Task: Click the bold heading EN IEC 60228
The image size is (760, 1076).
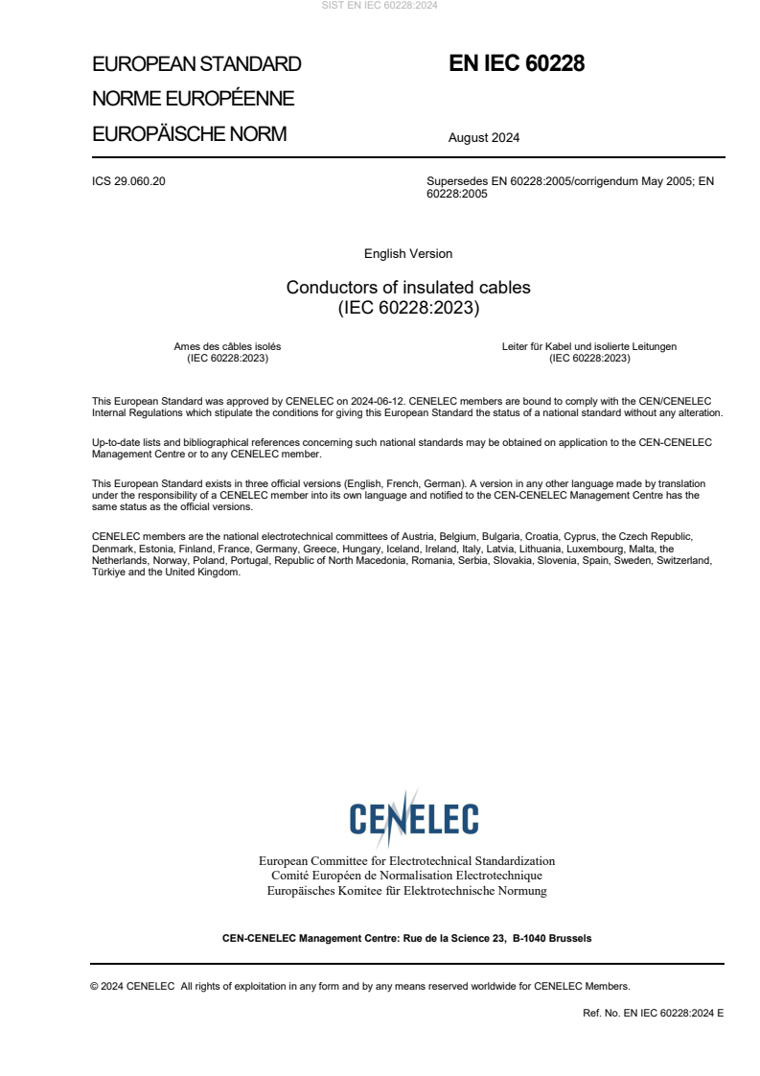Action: tap(517, 64)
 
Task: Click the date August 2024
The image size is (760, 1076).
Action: tap(484, 137)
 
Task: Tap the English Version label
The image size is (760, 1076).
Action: tap(408, 254)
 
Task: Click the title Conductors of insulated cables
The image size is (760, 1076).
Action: tap(408, 288)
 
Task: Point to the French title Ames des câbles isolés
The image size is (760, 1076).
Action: tap(227, 346)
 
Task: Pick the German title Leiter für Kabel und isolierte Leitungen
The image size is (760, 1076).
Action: tap(589, 346)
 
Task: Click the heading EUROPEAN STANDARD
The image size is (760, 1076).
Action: tap(196, 64)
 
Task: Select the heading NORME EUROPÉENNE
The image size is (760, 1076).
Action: tap(193, 99)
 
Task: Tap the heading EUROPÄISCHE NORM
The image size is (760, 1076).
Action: tap(189, 134)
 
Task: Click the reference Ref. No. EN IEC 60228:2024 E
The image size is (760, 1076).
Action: tap(653, 1013)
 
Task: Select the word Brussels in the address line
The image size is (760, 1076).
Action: tap(570, 938)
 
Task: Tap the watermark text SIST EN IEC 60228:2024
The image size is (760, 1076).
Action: tap(380, 6)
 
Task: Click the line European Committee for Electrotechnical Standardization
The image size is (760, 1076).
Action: tap(406, 861)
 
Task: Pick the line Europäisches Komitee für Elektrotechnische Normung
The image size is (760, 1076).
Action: tap(406, 891)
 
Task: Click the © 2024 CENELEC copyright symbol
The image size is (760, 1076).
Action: tap(94, 986)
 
